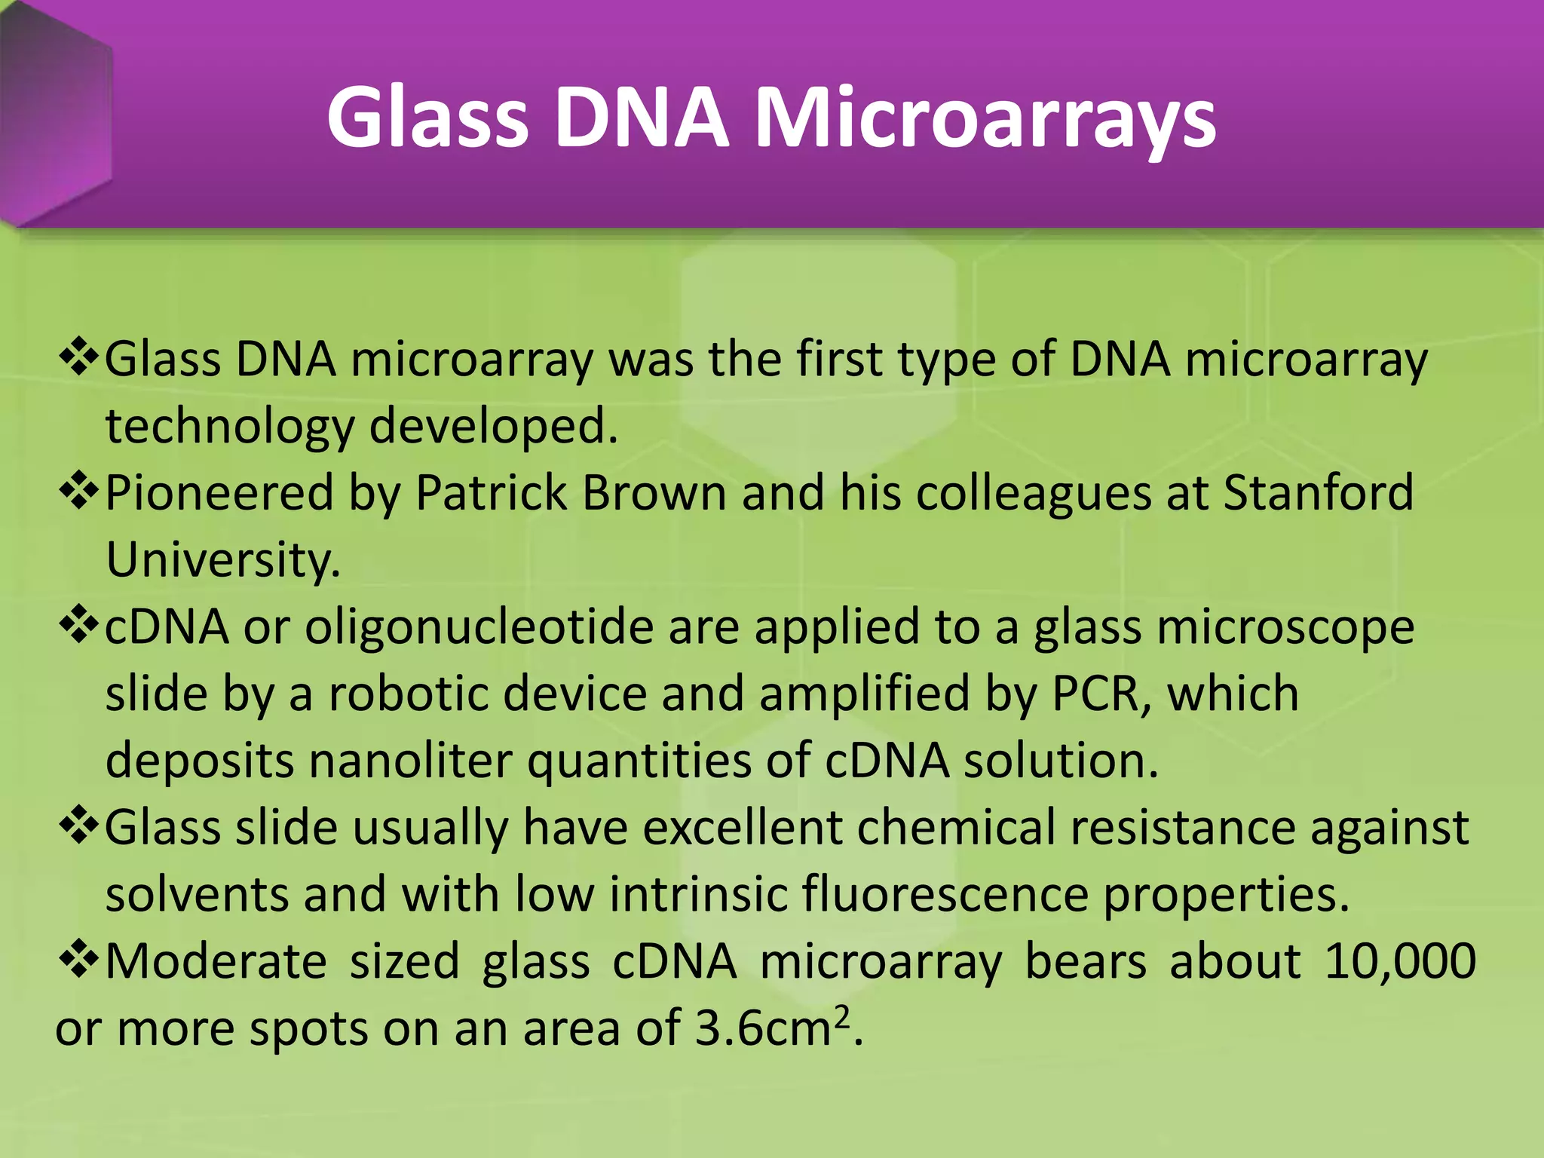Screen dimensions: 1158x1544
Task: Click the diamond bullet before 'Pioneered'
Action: [x=78, y=492]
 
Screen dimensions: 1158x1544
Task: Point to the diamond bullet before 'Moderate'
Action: [x=78, y=960]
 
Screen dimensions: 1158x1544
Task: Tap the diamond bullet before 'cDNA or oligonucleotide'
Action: [x=78, y=626]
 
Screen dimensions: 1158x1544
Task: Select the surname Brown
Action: [x=654, y=493]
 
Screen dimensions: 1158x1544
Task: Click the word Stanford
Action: [x=1318, y=493]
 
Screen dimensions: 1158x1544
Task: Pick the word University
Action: [x=223, y=560]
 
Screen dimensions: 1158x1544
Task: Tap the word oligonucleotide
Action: [x=479, y=627]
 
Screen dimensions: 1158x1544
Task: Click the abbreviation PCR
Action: [x=1095, y=694]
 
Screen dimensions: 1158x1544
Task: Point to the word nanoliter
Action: [x=411, y=761]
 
